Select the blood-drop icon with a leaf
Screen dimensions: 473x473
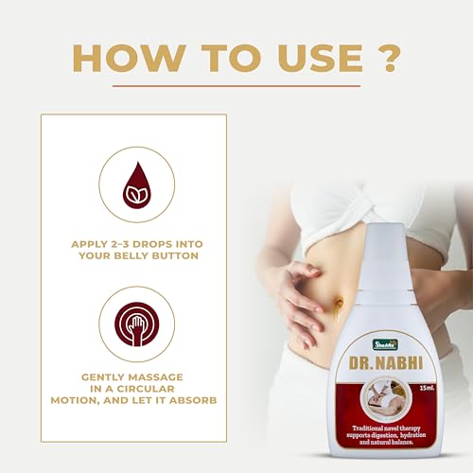(x=136, y=184)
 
